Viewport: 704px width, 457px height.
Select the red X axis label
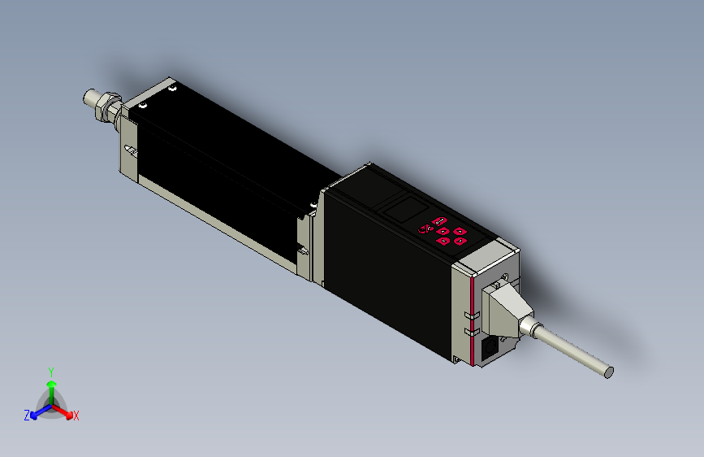(76, 416)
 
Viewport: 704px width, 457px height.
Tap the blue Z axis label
(27, 415)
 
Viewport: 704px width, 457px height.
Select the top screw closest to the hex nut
(143, 105)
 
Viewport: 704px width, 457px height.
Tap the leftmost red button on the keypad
(422, 228)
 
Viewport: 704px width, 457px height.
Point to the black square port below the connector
(490, 349)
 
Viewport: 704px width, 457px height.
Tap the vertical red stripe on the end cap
(472, 321)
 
